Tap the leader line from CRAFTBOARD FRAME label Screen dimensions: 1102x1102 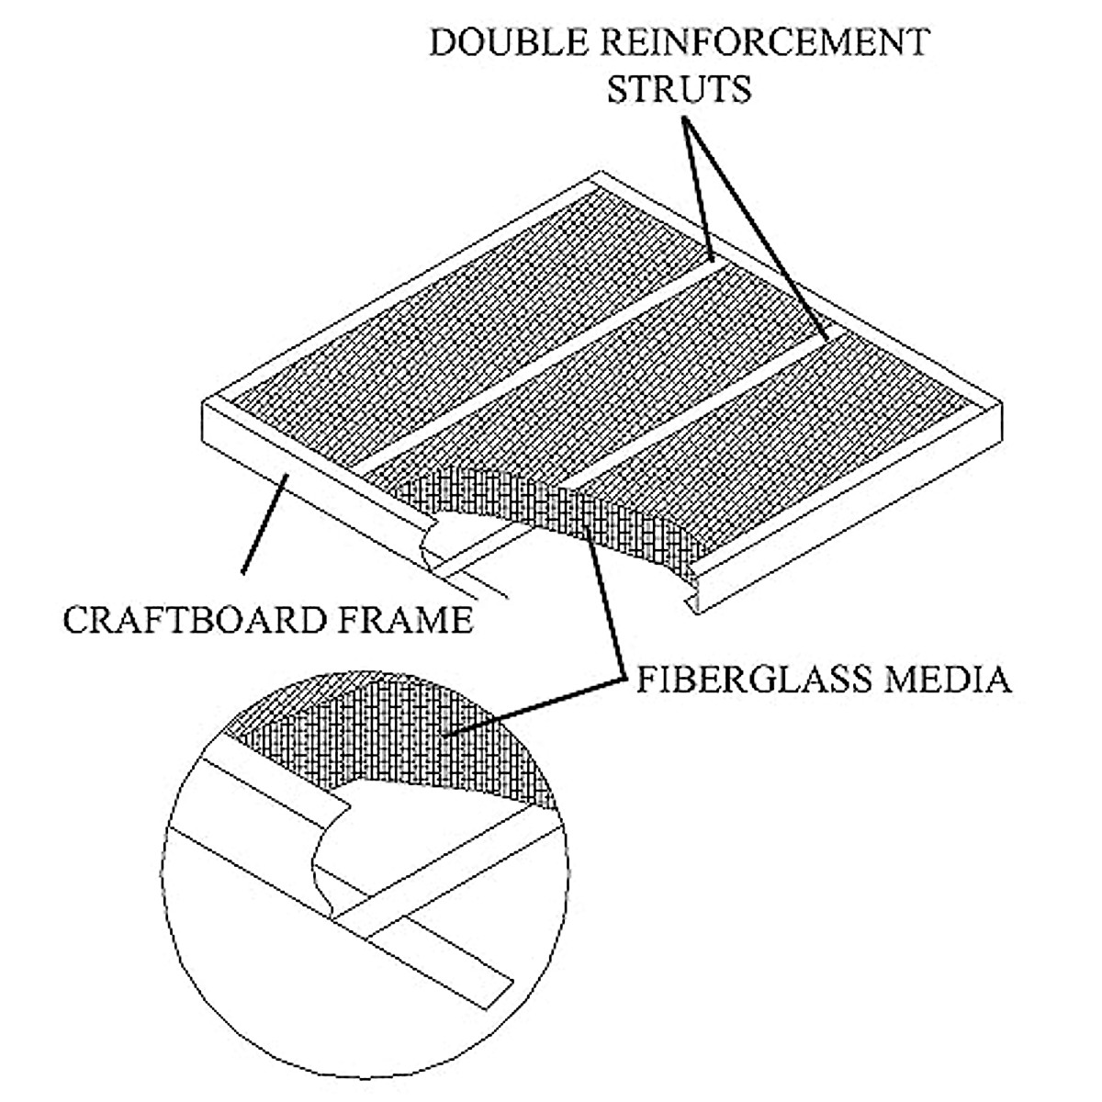(266, 523)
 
